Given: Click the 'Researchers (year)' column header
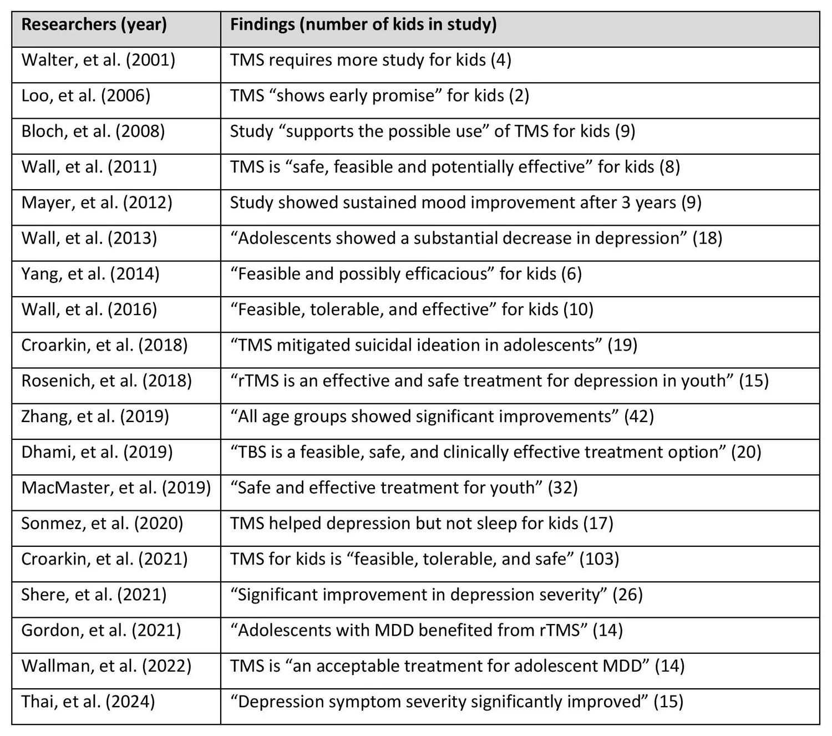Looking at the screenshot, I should click(x=94, y=25).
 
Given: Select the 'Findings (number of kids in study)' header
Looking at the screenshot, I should click(x=363, y=25).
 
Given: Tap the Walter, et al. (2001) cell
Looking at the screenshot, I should click(x=98, y=60).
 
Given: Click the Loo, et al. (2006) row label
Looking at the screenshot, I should click(x=86, y=96).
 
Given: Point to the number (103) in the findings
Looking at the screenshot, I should click(x=599, y=559).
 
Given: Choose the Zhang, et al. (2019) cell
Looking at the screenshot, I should click(x=95, y=417).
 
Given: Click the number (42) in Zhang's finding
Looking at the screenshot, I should click(x=639, y=417).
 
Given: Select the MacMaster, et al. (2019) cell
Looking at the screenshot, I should click(x=116, y=488).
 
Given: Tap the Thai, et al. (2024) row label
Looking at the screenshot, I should click(x=88, y=702).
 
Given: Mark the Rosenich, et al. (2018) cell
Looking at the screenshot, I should click(x=106, y=381).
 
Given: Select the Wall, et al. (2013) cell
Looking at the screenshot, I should click(x=89, y=238).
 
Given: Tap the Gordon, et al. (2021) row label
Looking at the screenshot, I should click(x=101, y=631).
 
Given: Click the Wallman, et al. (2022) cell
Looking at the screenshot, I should click(x=106, y=666).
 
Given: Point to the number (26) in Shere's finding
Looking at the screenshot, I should click(x=627, y=595).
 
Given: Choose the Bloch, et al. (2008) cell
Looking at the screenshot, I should click(x=93, y=131).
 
